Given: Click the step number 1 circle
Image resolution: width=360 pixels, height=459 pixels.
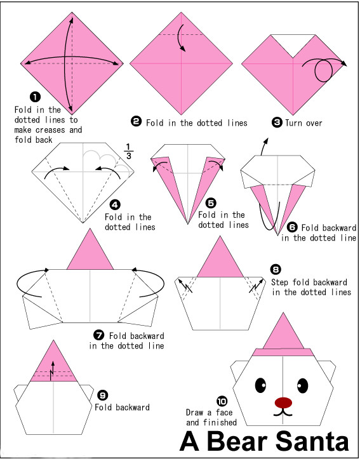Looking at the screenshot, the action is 35,97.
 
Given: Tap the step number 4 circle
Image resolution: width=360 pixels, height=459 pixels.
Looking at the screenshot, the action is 115,204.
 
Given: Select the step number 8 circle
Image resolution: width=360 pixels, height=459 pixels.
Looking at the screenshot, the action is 276,269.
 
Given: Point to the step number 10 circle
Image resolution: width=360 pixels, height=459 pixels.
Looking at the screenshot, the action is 222,401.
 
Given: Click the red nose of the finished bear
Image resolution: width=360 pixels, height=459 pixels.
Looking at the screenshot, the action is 283,402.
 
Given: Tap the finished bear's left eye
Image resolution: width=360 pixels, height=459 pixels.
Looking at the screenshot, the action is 260,385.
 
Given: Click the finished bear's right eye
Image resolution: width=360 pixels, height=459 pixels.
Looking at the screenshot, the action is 303,385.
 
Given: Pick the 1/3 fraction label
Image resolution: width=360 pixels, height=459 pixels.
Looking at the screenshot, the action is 129,151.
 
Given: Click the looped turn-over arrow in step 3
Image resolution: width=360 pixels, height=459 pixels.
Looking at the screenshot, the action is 324,70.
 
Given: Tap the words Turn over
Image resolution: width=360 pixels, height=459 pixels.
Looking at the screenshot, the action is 303,123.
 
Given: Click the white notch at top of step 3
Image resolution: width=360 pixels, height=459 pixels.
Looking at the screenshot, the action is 293,43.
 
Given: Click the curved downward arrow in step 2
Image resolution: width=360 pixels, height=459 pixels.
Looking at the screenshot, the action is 180,37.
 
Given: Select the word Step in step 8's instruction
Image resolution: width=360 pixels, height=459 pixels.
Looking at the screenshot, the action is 281,282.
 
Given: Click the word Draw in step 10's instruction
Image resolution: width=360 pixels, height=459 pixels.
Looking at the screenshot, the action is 195,413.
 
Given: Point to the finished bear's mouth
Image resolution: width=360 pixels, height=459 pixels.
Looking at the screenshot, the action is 283,413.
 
